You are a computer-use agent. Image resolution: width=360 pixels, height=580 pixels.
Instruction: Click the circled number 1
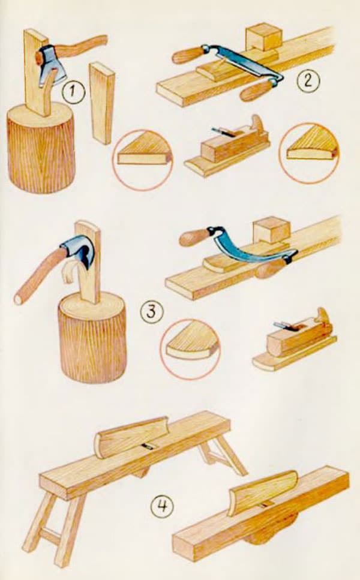73,92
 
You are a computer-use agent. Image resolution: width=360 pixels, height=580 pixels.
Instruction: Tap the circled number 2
308,80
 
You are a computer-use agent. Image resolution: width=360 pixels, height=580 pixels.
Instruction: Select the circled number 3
151,312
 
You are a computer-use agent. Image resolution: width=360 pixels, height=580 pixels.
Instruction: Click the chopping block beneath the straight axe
41,148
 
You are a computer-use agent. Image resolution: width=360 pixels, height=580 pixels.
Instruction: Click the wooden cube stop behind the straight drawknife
263,37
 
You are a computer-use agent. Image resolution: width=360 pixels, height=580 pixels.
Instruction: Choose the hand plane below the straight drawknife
227,147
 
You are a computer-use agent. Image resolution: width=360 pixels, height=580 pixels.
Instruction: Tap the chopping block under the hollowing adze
92,337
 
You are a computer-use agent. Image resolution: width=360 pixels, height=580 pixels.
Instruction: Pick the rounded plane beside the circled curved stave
294,340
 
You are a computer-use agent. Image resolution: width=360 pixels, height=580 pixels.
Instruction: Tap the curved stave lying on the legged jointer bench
132,437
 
